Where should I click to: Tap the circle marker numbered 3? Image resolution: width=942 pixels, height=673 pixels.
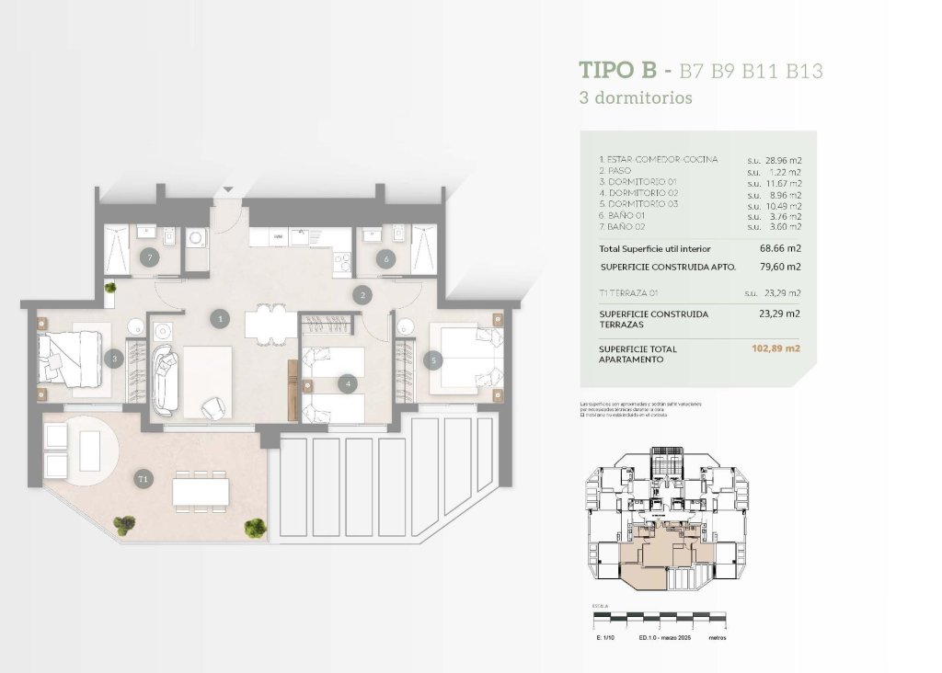click(113, 359)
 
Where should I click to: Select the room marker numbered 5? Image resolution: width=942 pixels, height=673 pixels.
click(432, 361)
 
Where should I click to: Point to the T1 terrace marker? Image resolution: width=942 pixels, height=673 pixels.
click(142, 479)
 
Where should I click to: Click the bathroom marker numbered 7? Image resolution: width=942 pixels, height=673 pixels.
click(150, 259)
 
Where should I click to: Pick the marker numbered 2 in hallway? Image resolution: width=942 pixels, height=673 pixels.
click(363, 295)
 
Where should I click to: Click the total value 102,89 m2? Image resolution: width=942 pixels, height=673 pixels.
click(776, 349)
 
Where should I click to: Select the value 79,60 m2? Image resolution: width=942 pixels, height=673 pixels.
click(783, 267)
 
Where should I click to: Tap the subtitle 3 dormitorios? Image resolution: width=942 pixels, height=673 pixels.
click(636, 97)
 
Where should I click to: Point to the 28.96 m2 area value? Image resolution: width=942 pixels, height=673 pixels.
click(783, 160)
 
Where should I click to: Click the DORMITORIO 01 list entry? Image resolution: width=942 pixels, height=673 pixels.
click(638, 182)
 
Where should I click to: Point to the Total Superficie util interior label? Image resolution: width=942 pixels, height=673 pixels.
click(654, 249)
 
